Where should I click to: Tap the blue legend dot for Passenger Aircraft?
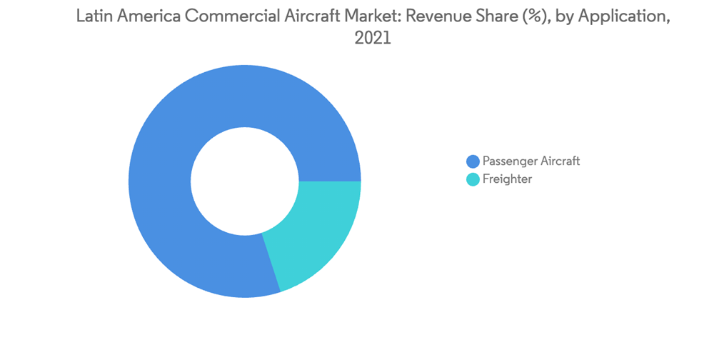point(473,161)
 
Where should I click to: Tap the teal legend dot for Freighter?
point(473,179)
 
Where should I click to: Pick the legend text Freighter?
point(507,179)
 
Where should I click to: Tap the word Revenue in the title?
point(425,18)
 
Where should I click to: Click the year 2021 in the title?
point(373,40)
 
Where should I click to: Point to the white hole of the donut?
point(245,180)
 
